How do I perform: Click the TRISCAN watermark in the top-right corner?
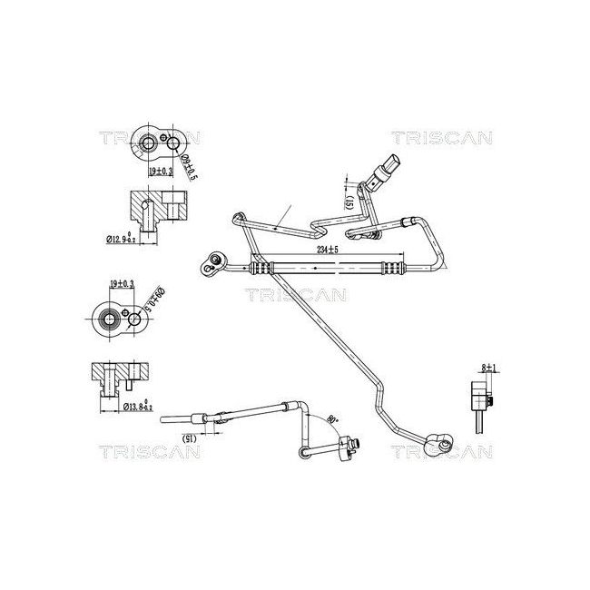(441, 138)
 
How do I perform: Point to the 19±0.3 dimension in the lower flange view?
(121, 284)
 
